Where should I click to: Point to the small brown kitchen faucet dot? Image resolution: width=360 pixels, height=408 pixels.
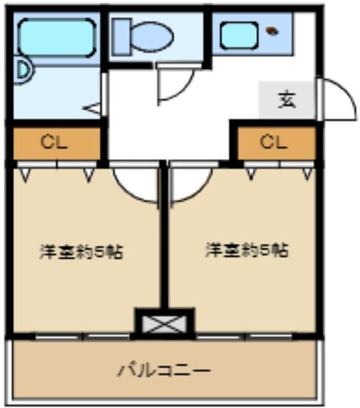pyautogui.click(x=271, y=30)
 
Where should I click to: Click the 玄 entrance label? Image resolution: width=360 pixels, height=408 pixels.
pyautogui.click(x=286, y=99)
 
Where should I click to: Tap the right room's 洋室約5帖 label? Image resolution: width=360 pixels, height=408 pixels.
pyautogui.click(x=247, y=250)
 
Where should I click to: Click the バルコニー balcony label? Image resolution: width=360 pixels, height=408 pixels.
pyautogui.click(x=165, y=371)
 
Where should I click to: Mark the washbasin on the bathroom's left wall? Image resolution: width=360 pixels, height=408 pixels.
pyautogui.click(x=22, y=70)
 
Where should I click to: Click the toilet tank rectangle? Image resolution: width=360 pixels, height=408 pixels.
pyautogui.click(x=121, y=35)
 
